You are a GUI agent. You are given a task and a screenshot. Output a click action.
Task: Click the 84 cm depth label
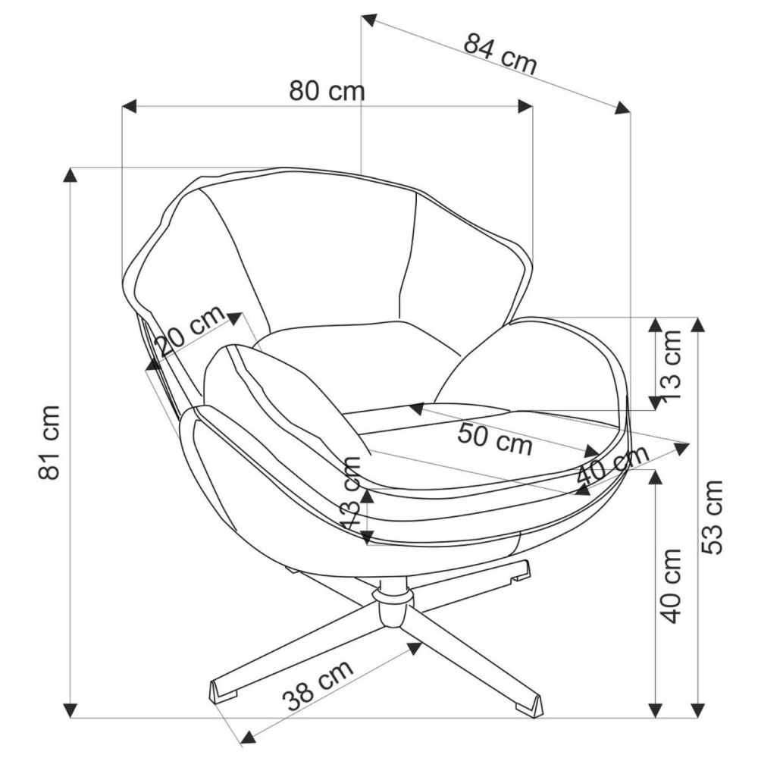pyautogui.click(x=500, y=54)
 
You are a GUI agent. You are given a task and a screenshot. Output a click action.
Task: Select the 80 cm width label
pyautogui.click(x=327, y=90)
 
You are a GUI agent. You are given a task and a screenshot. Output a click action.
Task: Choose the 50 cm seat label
pyautogui.click(x=494, y=439)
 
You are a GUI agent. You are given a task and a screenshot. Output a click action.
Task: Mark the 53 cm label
pyautogui.click(x=712, y=517)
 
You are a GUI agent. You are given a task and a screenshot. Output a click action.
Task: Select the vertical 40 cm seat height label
pyautogui.click(x=671, y=586)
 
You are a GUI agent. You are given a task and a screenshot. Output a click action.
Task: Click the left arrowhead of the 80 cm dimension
pyautogui.click(x=129, y=106)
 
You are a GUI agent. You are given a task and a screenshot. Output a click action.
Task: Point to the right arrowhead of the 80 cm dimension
pyautogui.click(x=525, y=106)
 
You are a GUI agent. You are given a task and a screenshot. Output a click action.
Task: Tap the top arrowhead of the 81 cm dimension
pyautogui.click(x=70, y=175)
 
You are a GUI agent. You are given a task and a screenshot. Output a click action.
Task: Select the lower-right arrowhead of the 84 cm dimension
pyautogui.click(x=622, y=108)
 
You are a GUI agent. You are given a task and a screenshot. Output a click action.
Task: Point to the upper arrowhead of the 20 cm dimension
pyautogui.click(x=234, y=318)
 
